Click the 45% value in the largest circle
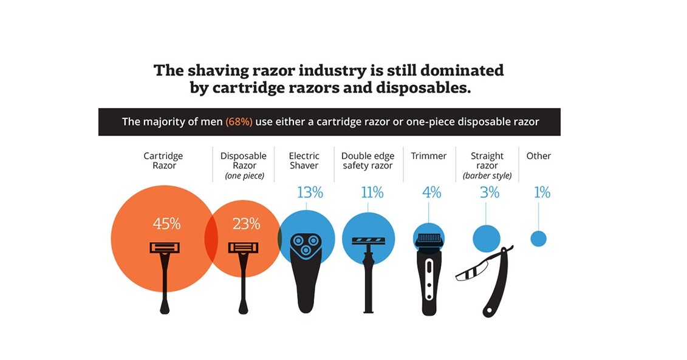point(166,224)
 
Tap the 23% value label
point(246,224)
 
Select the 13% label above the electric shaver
point(309,193)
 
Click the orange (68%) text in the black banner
point(239,121)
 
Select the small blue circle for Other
point(538,239)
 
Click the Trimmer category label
point(429,156)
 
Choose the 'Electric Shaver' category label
point(304,161)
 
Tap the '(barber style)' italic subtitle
point(487,176)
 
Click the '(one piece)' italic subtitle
point(243,176)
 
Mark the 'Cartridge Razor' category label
point(163,161)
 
